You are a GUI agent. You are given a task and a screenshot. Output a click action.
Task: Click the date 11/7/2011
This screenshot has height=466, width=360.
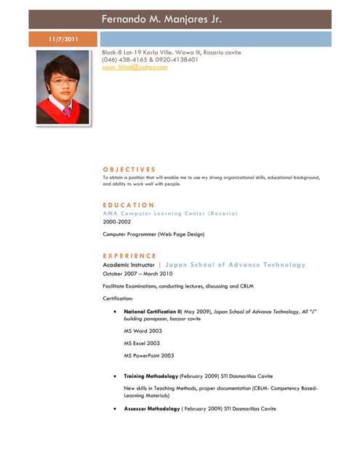point(63,39)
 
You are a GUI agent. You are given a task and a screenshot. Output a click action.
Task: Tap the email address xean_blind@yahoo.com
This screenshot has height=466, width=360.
point(135,67)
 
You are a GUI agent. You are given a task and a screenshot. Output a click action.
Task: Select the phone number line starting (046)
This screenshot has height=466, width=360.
point(150,60)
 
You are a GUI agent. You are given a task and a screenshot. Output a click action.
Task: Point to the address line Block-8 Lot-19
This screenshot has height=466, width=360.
point(172,52)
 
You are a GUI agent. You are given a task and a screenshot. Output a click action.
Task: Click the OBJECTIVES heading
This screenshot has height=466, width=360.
point(129,169)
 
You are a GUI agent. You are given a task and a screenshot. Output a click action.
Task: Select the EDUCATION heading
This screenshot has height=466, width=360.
point(128,205)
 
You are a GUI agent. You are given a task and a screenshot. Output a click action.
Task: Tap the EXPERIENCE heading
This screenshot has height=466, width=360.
point(129,256)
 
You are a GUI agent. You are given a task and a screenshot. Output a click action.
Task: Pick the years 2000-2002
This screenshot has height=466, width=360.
point(119,221)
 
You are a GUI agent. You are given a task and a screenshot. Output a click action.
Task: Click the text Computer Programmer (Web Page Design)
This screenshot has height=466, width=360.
point(153,234)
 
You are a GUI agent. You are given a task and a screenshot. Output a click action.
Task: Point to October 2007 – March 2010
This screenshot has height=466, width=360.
point(137,274)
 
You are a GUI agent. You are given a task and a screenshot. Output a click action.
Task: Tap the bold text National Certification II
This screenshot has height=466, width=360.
point(152,311)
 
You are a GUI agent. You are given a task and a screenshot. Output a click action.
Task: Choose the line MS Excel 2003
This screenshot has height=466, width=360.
point(142,342)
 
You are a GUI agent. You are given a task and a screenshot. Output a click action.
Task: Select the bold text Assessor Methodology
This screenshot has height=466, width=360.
point(151,408)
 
